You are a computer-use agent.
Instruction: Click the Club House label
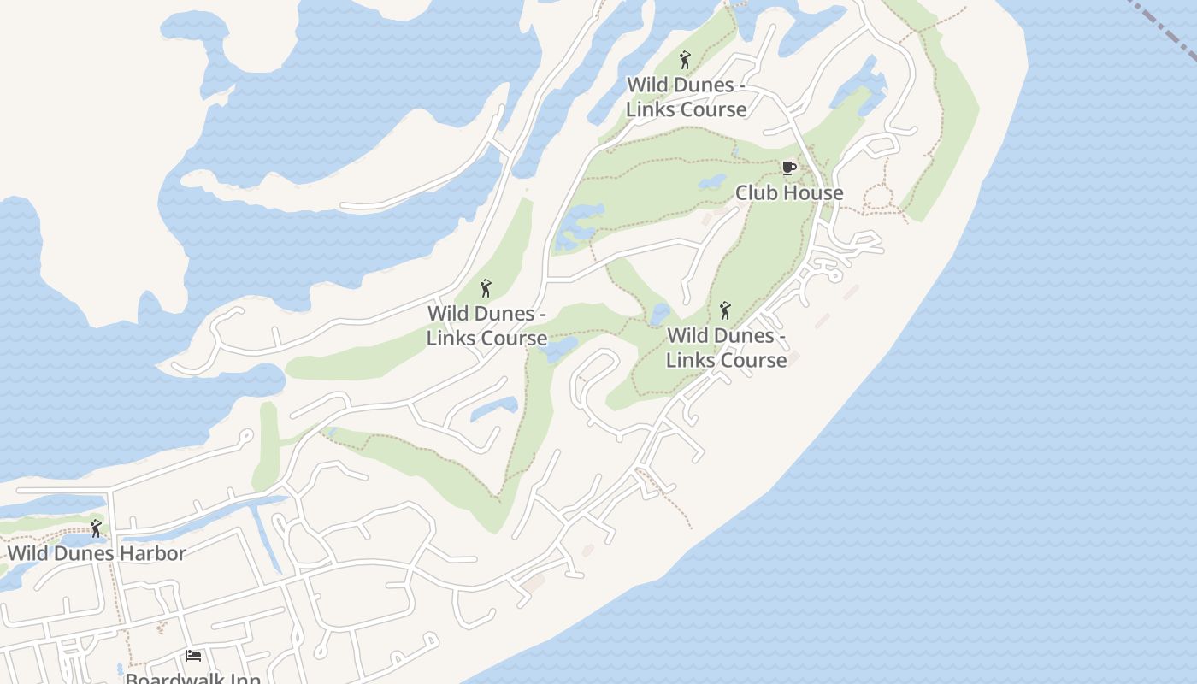tap(789, 193)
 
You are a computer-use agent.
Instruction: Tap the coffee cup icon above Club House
tap(788, 168)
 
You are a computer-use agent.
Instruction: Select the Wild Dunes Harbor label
tap(97, 553)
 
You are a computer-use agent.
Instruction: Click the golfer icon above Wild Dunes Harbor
tap(96, 528)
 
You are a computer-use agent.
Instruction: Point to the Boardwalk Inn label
tap(193, 678)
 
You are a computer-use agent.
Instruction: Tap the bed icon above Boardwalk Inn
tap(193, 656)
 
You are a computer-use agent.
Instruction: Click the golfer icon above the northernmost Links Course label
tap(684, 60)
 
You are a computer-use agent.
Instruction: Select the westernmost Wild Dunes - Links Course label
tap(486, 326)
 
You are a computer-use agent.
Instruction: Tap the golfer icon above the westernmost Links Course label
tap(486, 288)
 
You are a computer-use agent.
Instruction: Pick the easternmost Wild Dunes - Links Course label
tap(726, 347)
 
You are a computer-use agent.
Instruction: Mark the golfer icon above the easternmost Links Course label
tap(725, 310)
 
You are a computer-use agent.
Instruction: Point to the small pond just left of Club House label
tap(712, 182)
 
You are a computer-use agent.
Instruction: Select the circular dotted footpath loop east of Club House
tap(878, 199)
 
